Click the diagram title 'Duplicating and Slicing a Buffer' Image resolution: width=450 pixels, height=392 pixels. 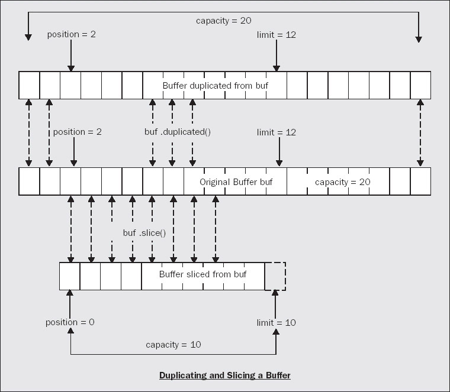(225, 375)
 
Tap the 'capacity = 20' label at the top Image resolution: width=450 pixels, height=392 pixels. (224, 21)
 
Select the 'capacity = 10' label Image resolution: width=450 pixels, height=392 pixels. (173, 345)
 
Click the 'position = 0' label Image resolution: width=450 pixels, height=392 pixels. (70, 322)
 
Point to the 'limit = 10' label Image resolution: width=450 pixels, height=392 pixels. (276, 323)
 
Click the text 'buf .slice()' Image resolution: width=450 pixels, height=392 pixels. (144, 233)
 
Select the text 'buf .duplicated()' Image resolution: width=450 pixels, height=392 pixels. (178, 132)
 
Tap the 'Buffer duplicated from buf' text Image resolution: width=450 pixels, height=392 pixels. (216, 85)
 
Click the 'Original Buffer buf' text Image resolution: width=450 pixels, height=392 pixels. (236, 182)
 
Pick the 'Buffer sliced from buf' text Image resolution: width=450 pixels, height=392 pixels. (202, 274)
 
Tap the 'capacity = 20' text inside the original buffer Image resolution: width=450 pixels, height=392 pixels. (343, 182)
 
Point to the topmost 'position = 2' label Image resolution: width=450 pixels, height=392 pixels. (72, 34)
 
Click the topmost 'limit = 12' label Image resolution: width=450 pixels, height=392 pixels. (276, 35)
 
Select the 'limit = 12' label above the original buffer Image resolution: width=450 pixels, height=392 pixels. (276, 132)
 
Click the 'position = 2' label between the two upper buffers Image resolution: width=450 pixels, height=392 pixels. (77, 132)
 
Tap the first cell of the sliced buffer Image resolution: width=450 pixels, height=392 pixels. (70, 276)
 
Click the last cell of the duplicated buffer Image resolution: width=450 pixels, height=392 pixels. (421, 85)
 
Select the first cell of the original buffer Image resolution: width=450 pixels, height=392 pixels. (29, 182)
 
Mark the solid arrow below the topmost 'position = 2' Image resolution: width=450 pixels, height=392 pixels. (71, 56)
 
